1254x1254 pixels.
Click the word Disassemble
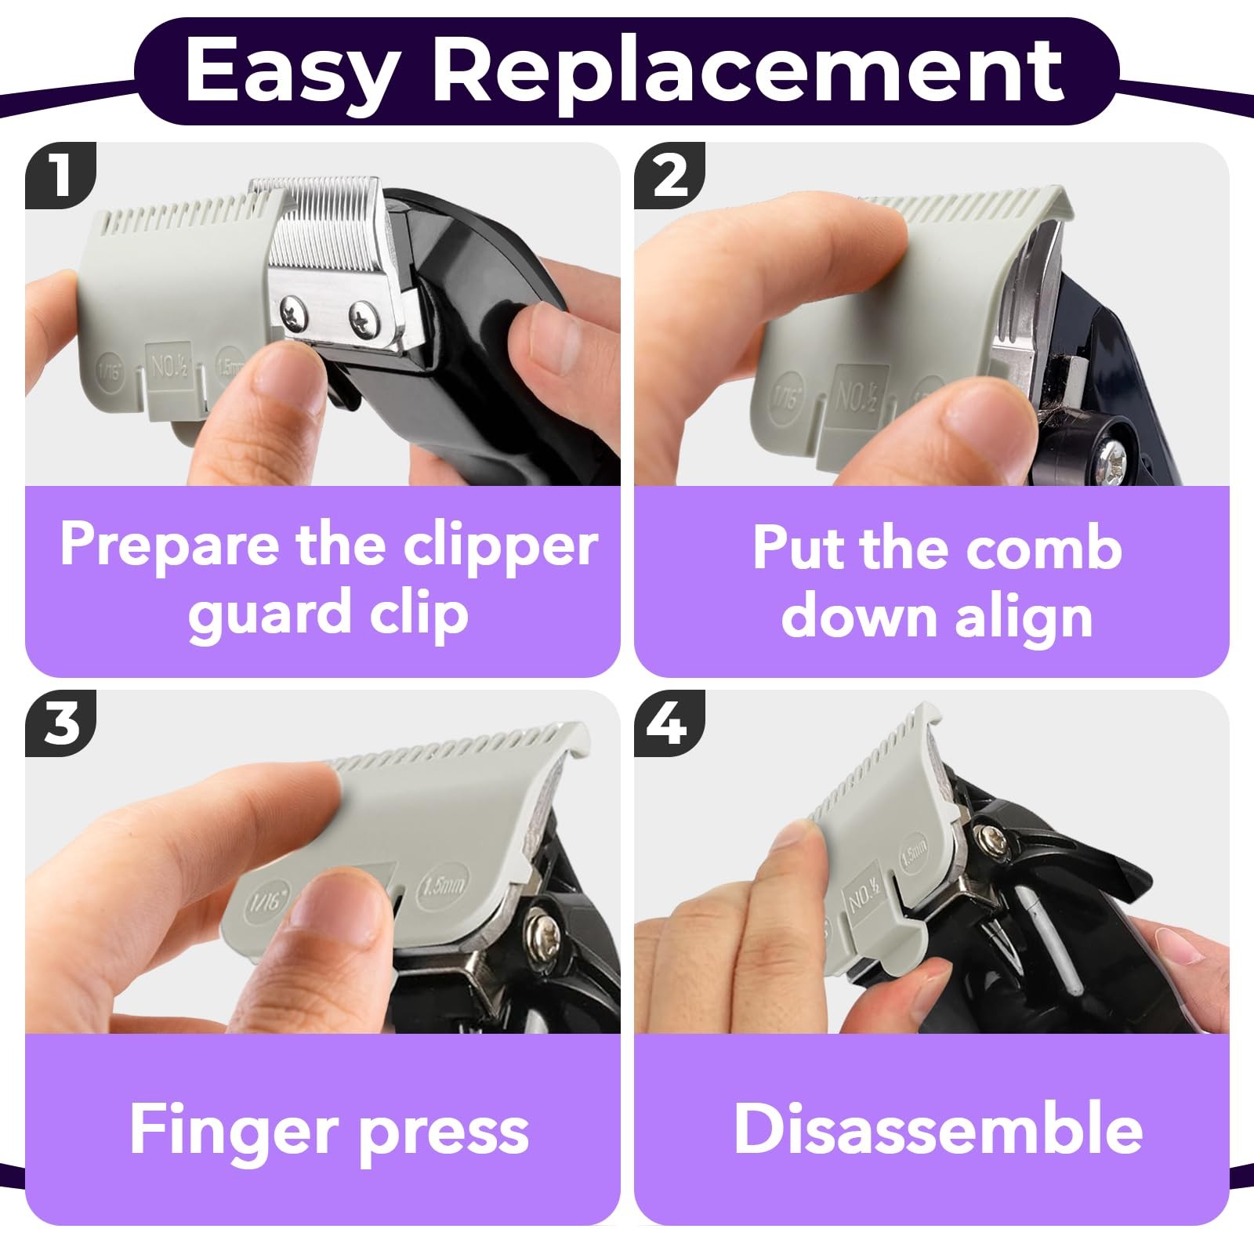pos(937,1129)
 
